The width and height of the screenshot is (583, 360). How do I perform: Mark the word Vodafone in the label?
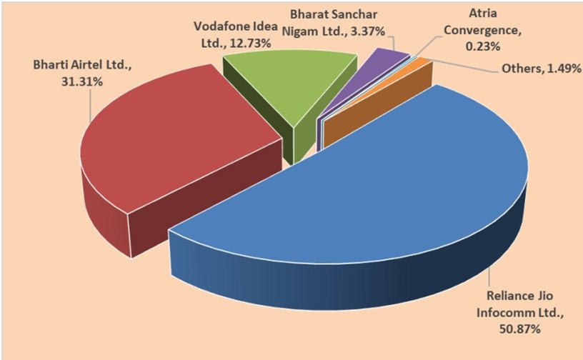(x=220, y=28)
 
